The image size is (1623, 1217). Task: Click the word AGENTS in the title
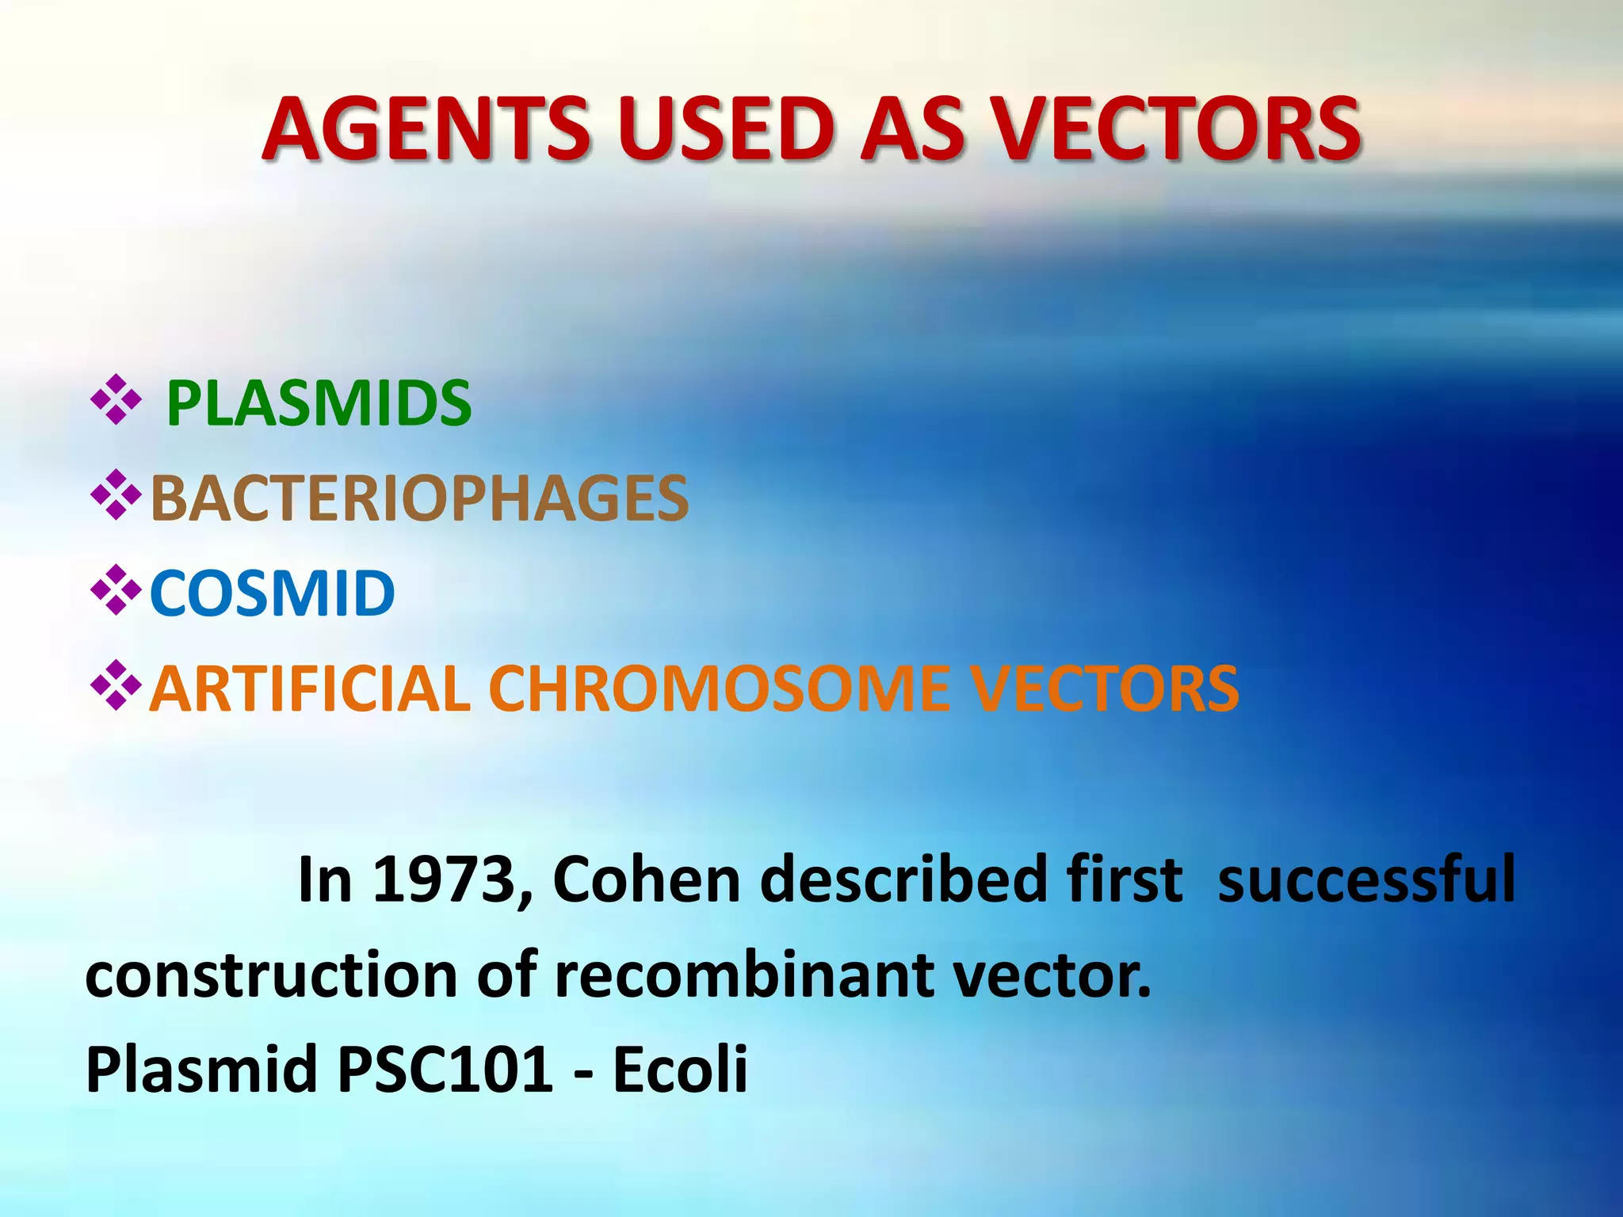[x=426, y=129]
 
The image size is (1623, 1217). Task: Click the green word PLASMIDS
[x=319, y=404]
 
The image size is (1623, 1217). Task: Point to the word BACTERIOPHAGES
[x=419, y=499]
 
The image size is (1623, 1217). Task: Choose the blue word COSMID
[x=272, y=593]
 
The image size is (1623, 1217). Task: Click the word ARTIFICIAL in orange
[x=310, y=689]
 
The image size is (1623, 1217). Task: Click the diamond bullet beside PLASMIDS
[x=116, y=400]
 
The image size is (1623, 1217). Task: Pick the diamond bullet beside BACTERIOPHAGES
[x=116, y=495]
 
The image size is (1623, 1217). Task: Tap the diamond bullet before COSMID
[x=116, y=590]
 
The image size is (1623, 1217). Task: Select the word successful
[x=1365, y=879]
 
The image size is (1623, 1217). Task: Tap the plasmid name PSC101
[x=444, y=1070]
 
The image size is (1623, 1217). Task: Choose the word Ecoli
[x=680, y=1070]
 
